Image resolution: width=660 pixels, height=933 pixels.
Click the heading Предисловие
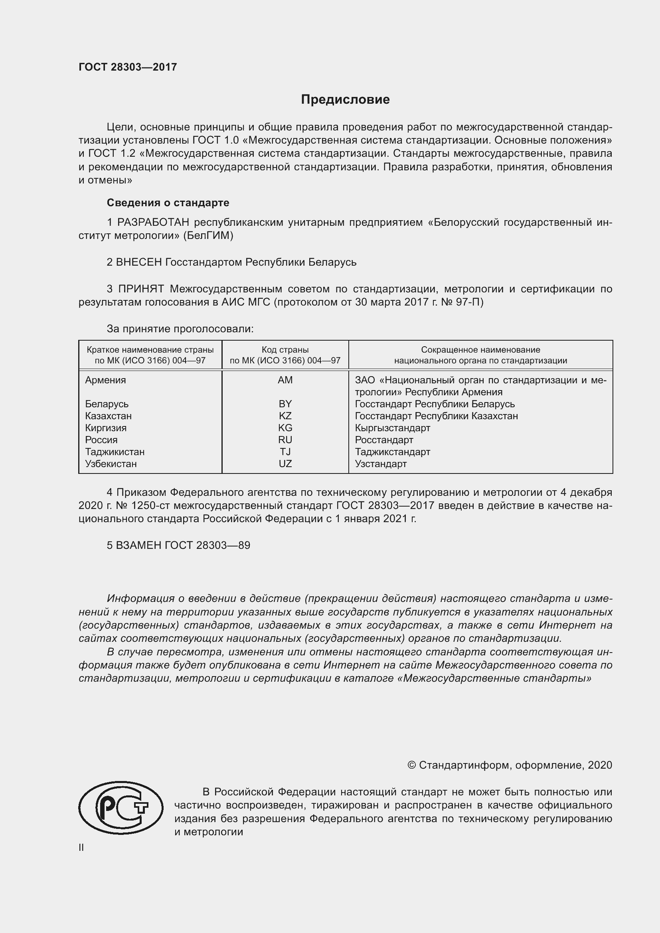345,100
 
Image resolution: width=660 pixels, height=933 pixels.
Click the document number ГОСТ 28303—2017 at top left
128,67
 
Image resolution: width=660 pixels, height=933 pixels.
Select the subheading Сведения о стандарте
168,202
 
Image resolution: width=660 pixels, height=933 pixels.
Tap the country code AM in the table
285,380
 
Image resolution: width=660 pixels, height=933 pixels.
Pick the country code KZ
285,416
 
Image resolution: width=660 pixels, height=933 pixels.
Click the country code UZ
285,464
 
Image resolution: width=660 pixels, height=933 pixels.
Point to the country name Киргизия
106,428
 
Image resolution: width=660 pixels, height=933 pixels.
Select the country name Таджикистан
115,452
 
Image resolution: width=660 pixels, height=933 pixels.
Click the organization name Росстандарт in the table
383,440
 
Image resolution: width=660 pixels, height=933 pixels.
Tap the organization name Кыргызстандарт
392,428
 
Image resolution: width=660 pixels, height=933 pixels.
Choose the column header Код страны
285,349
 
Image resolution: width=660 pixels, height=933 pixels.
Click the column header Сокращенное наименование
480,349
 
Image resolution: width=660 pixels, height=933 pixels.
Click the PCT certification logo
121,807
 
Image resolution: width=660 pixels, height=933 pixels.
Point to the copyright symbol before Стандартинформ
411,765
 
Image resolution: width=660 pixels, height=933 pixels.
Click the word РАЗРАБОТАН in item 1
153,222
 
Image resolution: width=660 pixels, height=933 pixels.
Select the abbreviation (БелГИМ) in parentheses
208,236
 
